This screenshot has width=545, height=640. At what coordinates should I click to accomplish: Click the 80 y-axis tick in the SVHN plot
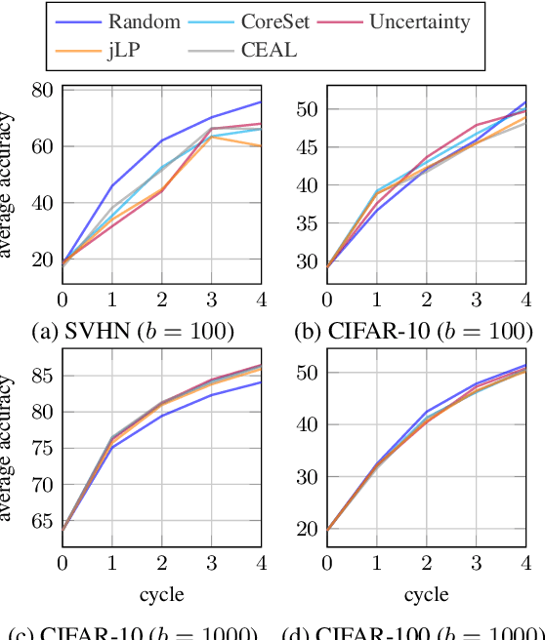[41, 90]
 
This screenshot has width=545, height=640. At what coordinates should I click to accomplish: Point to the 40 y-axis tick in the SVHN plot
[41, 204]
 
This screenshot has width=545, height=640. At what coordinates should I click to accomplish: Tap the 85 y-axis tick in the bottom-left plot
[41, 374]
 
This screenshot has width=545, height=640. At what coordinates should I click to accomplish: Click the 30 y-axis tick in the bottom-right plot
[306, 477]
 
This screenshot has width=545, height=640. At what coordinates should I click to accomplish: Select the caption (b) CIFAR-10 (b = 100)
[413, 332]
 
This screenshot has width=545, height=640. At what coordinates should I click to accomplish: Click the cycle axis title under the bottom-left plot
[162, 594]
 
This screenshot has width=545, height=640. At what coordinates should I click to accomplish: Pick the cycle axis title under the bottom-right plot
[426, 594]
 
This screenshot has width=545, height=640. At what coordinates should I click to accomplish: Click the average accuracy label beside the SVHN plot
[9, 185]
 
